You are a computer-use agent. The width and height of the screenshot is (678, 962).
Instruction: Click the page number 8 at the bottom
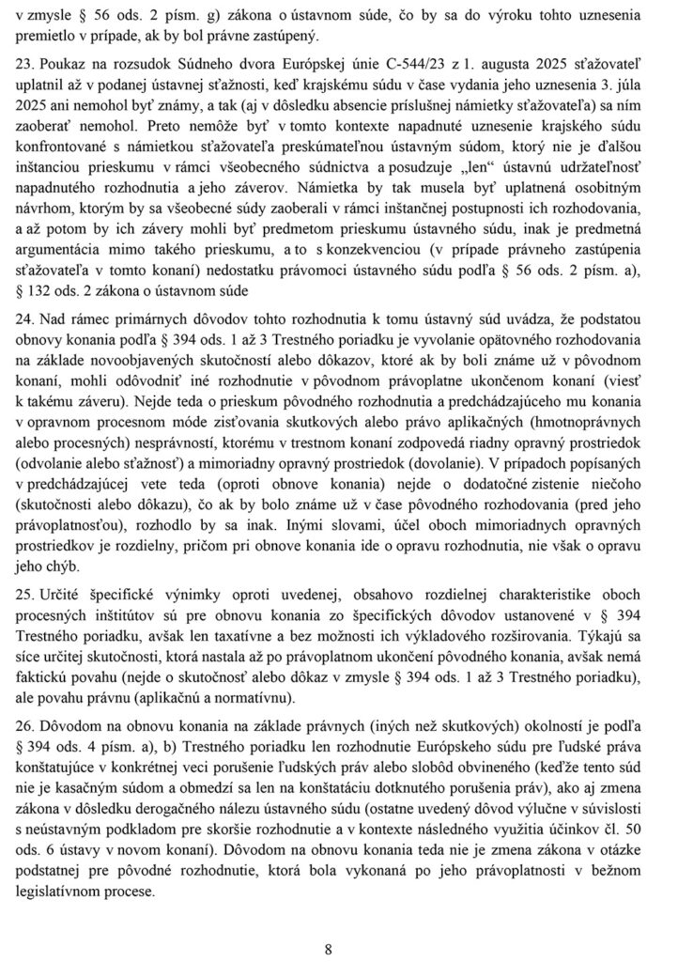click(x=329, y=949)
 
